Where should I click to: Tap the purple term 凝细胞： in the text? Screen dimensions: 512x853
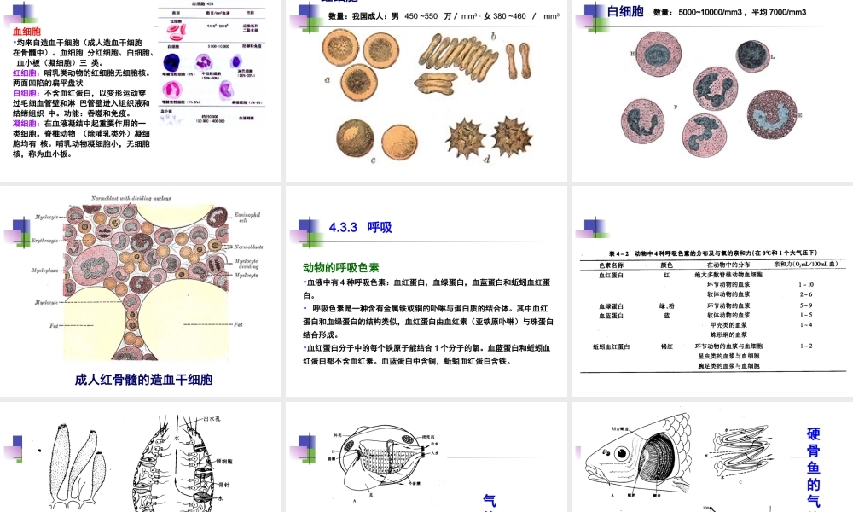(x=25, y=123)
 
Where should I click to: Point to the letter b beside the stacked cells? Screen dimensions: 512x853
(x=493, y=36)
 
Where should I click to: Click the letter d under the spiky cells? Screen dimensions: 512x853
(x=486, y=157)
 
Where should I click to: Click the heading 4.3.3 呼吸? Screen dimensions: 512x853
(x=360, y=227)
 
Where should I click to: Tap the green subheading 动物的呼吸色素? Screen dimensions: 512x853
(x=341, y=267)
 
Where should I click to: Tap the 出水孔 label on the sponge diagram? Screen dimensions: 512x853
(x=213, y=419)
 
